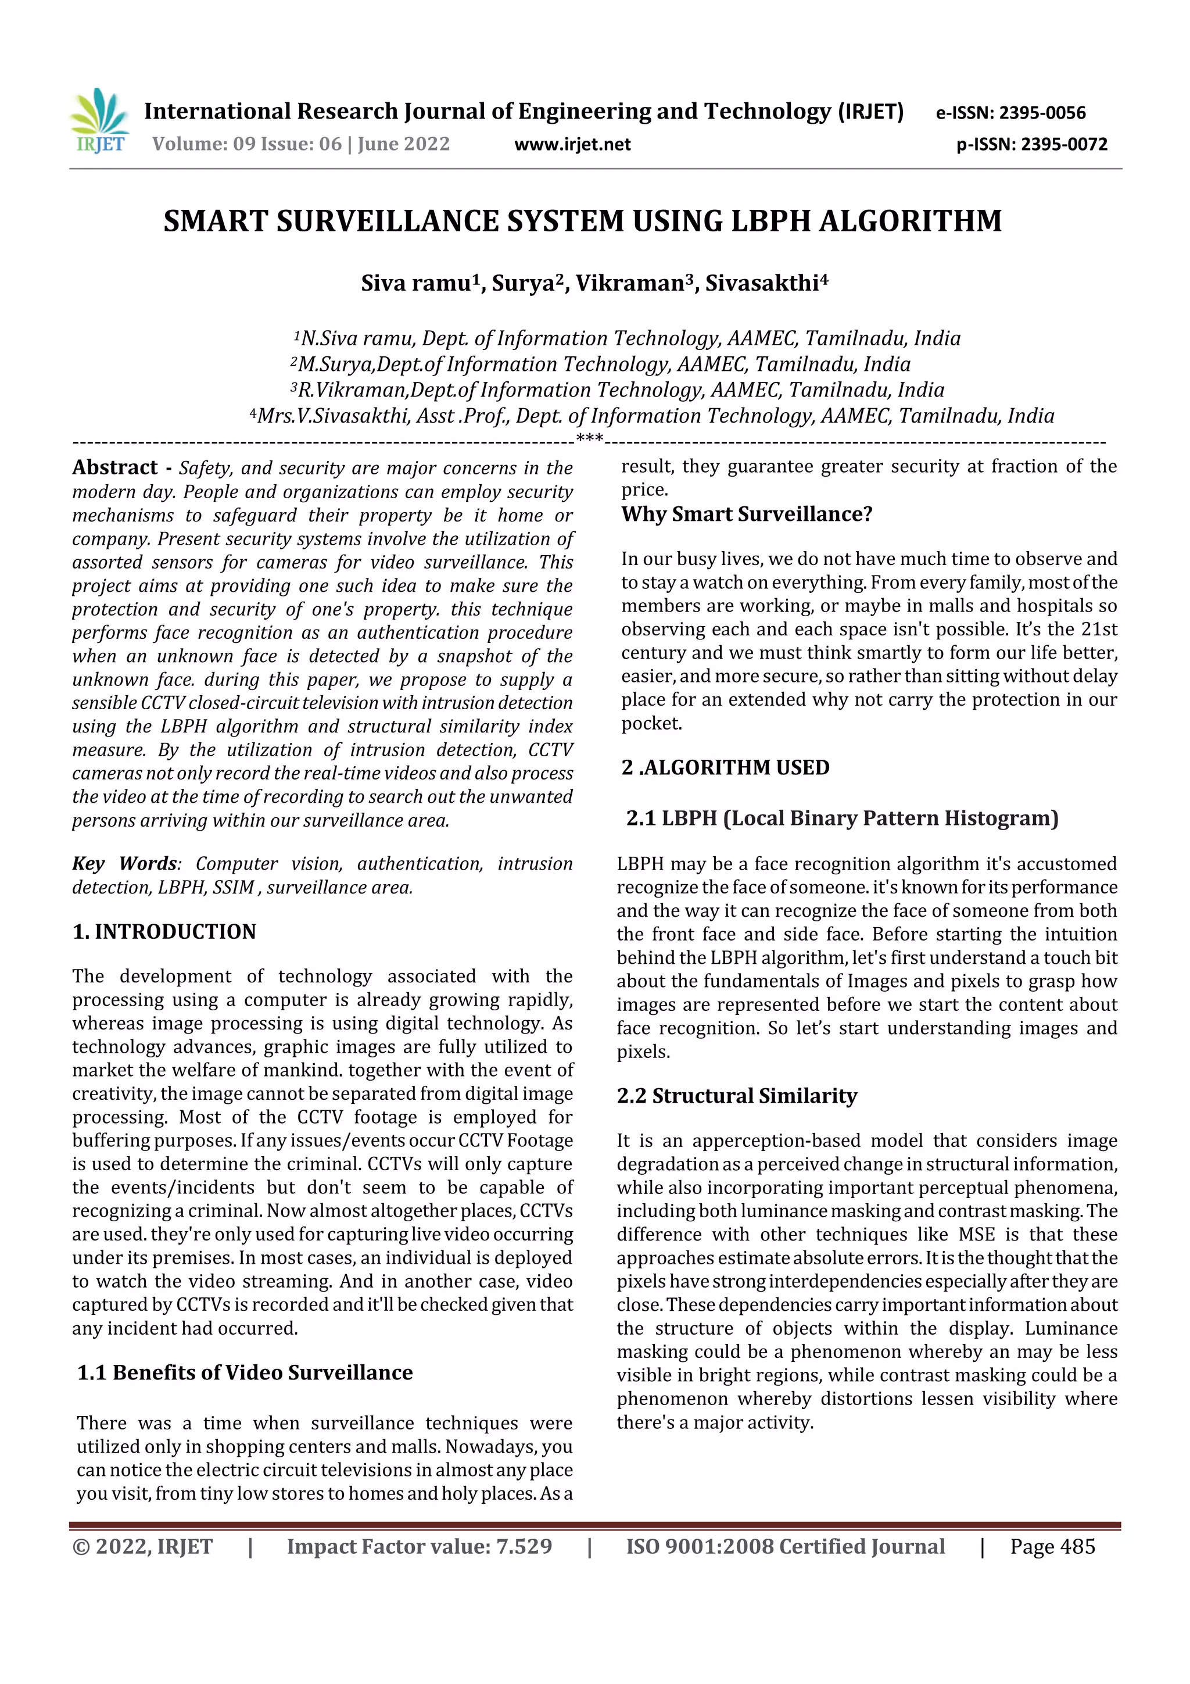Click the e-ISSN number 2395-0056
click(x=1042, y=113)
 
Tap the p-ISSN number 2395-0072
click(x=1064, y=145)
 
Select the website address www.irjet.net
click(x=572, y=145)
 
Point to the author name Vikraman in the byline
click(x=629, y=283)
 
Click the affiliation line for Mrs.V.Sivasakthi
click(x=652, y=416)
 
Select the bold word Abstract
click(x=115, y=468)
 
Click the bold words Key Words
click(x=125, y=863)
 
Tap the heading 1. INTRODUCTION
click(x=164, y=931)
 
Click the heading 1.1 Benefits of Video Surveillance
click(x=245, y=1372)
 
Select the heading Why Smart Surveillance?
click(x=747, y=514)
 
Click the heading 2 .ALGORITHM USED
click(x=725, y=767)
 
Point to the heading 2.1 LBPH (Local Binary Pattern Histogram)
click(x=842, y=818)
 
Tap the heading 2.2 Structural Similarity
click(x=736, y=1096)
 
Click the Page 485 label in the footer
click(x=1052, y=1547)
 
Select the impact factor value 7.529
click(x=524, y=1547)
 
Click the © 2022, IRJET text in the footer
click(x=142, y=1547)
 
